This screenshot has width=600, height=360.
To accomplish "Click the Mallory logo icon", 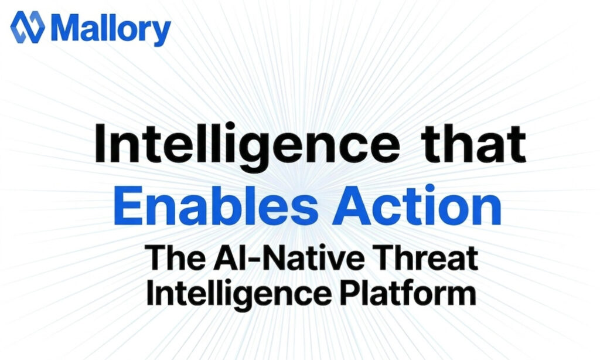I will [27, 28].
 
